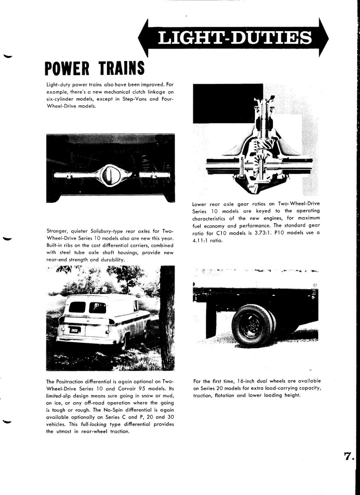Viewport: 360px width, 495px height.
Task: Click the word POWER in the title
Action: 67,68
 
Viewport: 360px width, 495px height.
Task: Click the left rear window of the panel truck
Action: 77,307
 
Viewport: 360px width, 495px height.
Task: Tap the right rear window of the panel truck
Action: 98,307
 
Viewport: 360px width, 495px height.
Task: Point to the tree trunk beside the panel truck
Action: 167,317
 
